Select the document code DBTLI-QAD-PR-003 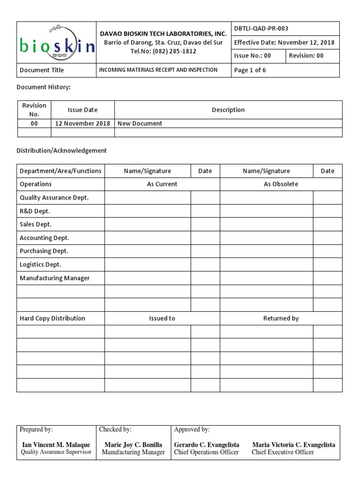coord(261,29)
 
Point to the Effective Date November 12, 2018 coord(284,43)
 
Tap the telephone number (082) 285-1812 coord(164,52)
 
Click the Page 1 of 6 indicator coord(250,70)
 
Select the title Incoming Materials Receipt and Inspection coord(158,70)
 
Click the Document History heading coord(44,87)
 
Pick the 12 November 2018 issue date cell coord(82,124)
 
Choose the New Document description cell coord(140,124)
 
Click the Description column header coord(228,110)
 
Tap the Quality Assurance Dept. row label coord(54,198)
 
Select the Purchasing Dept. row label coord(44,251)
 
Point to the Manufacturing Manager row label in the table coord(54,278)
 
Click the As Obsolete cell coord(281,184)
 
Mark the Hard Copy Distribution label coord(52,319)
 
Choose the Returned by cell coord(281,319)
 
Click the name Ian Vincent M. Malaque coord(56,445)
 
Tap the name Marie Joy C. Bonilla coord(133,445)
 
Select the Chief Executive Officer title coord(283,452)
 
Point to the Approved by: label coord(192,429)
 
